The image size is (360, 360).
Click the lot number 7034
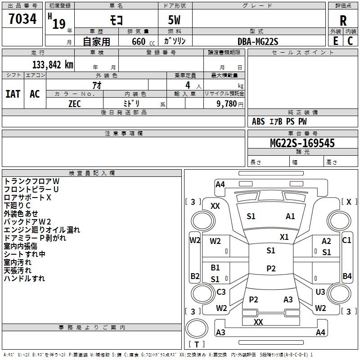(x=22, y=19)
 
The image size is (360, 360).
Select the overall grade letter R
(x=343, y=21)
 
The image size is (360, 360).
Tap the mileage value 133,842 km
(x=53, y=65)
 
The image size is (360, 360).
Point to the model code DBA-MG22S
(x=258, y=41)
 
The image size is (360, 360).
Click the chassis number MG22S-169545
(x=302, y=143)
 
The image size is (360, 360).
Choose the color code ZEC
(x=75, y=104)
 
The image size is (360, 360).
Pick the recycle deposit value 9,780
(x=227, y=103)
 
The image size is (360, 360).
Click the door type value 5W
(x=174, y=20)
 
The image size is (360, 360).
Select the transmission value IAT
(x=13, y=94)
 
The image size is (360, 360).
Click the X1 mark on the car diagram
(x=284, y=237)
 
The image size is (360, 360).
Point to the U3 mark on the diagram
(x=320, y=292)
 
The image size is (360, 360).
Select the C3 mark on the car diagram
(x=221, y=292)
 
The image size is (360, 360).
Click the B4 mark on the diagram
(x=347, y=276)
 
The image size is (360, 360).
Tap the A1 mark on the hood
(x=290, y=216)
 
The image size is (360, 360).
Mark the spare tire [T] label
(x=197, y=344)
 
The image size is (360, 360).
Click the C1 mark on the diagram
(x=346, y=240)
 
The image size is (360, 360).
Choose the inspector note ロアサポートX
(x=27, y=198)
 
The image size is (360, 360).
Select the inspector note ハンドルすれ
(x=24, y=279)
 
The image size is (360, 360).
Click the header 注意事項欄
(x=124, y=133)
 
